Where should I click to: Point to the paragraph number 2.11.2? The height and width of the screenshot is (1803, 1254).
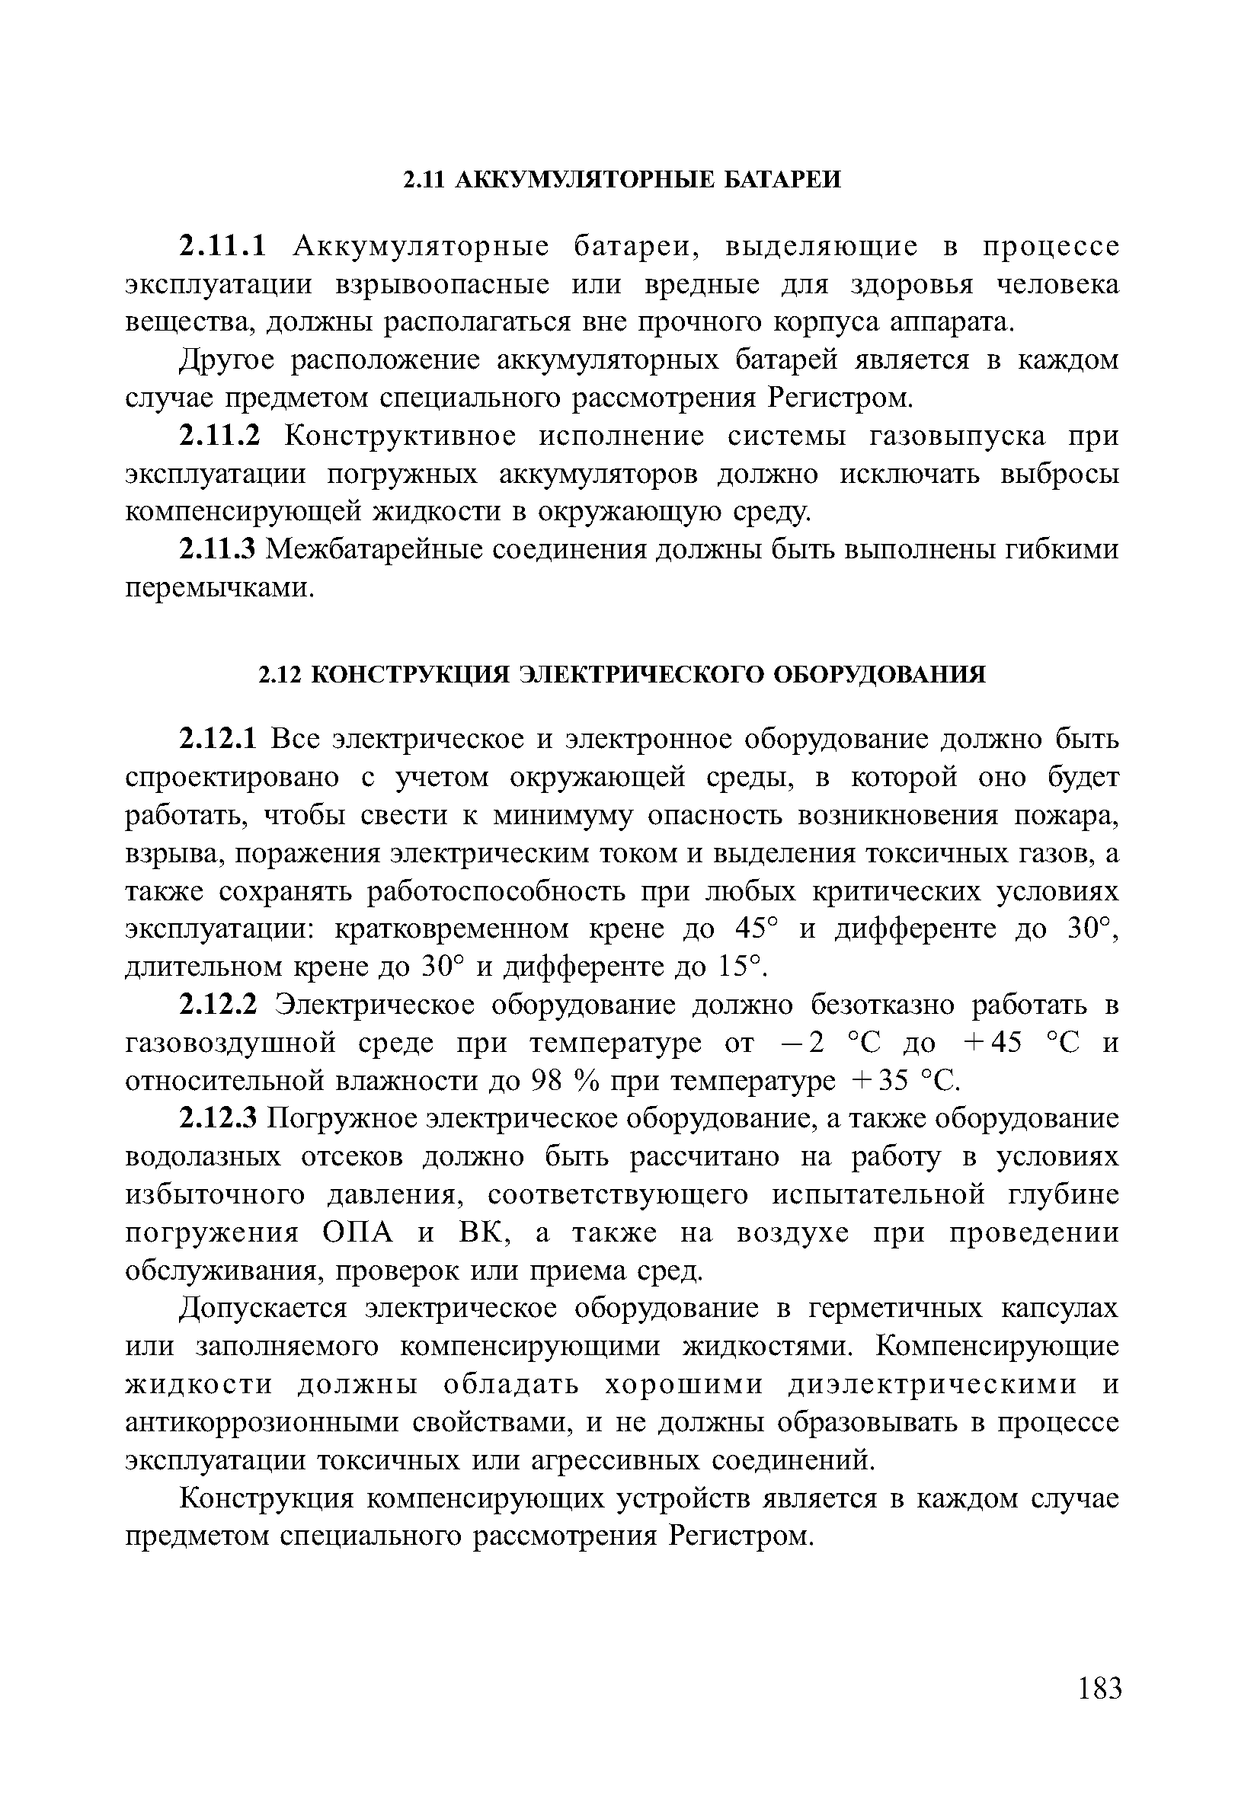pos(220,436)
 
